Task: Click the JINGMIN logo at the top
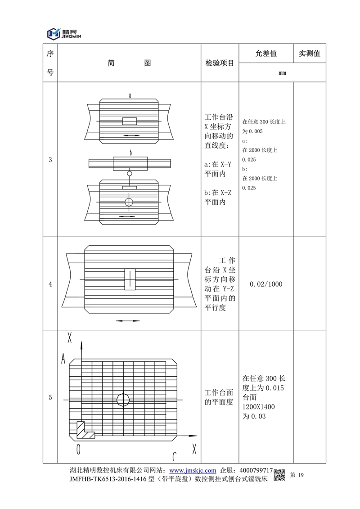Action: tap(66, 33)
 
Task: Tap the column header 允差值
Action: tap(265, 54)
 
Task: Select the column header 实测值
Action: tap(309, 54)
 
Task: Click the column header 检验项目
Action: tap(220, 63)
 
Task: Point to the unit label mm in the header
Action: tap(282, 73)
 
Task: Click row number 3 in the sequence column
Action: tap(50, 159)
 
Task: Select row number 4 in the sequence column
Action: tap(50, 284)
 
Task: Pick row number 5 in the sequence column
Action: tap(50, 397)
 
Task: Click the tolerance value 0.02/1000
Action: tap(265, 284)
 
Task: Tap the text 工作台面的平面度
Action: tap(219, 397)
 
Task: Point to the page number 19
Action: tap(301, 475)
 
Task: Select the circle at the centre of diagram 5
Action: tap(122, 399)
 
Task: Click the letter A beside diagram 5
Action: tap(64, 359)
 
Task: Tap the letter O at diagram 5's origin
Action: tap(78, 449)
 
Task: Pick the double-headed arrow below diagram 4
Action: tap(127, 321)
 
